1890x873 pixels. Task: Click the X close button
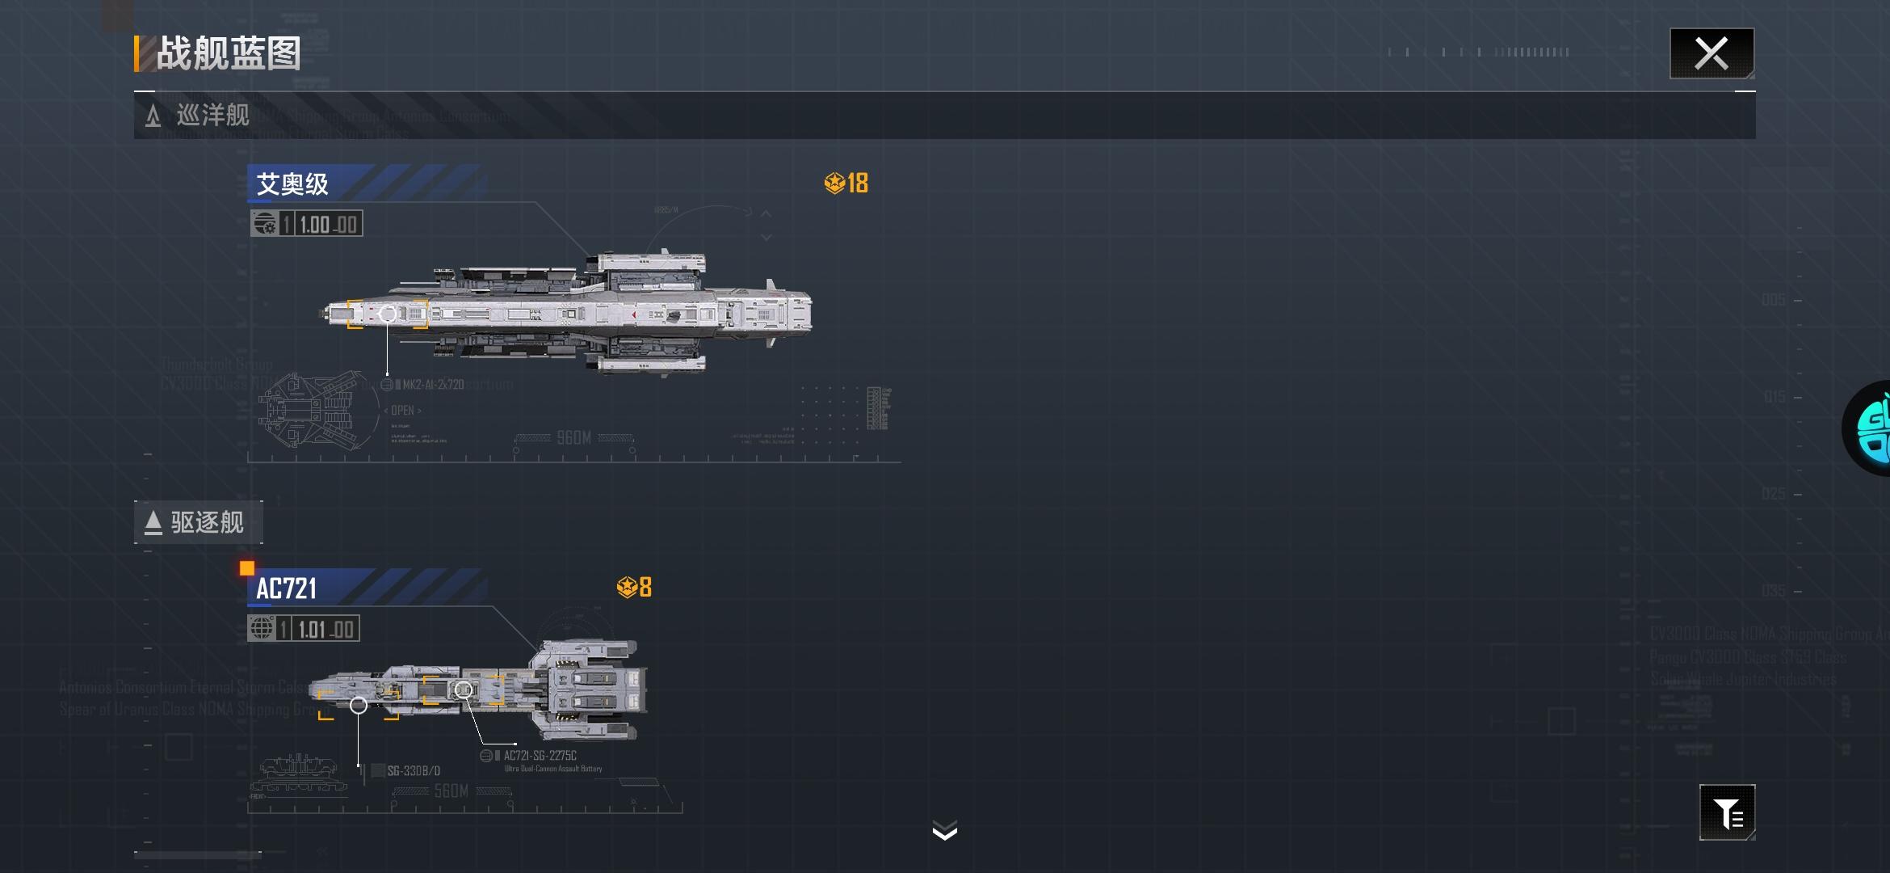click(x=1711, y=53)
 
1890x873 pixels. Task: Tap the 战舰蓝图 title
click(x=228, y=53)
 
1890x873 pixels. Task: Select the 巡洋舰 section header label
click(x=212, y=115)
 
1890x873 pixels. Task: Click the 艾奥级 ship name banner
click(x=292, y=184)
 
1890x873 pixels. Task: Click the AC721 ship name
click(x=287, y=588)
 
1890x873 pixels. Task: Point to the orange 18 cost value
click(x=856, y=183)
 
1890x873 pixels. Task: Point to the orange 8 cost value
click(x=645, y=588)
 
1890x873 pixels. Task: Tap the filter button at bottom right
click(x=1727, y=813)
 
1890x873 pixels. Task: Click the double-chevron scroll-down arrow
click(x=944, y=830)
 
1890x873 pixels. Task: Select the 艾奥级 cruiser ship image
click(x=569, y=313)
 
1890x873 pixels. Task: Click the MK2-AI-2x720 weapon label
click(x=432, y=385)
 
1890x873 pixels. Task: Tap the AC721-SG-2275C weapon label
click(x=540, y=756)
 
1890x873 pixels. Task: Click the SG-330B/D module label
click(x=414, y=771)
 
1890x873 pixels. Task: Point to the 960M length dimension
click(x=573, y=438)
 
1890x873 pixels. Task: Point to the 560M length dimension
click(x=451, y=791)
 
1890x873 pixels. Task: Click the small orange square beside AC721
click(x=247, y=568)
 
